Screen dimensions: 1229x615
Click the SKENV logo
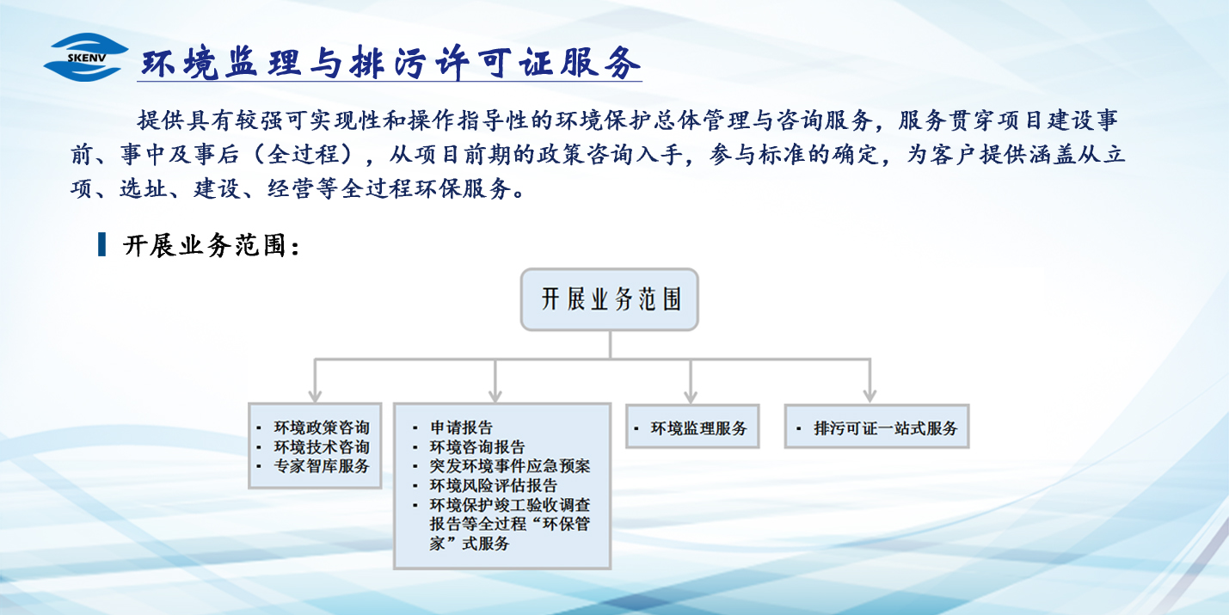(x=86, y=57)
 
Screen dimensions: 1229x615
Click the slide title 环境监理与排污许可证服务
(x=390, y=63)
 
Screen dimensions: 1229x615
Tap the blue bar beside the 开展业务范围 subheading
(x=101, y=244)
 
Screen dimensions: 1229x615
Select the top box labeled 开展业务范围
(x=610, y=299)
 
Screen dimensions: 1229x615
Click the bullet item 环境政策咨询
(x=322, y=427)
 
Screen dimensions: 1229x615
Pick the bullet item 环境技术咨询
(x=322, y=447)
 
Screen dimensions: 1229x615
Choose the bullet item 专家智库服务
(x=322, y=466)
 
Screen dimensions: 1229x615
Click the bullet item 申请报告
(x=462, y=427)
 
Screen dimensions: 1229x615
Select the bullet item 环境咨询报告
(x=477, y=447)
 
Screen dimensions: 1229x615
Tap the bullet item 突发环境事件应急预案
(x=510, y=466)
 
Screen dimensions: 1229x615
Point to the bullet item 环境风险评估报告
(x=494, y=485)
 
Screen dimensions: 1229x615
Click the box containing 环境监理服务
(x=692, y=427)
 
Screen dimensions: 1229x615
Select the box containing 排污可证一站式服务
(x=876, y=427)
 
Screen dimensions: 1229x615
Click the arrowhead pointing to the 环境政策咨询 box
(x=315, y=397)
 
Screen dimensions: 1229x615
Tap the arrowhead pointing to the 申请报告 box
(x=495, y=397)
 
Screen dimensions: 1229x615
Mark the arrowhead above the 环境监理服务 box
(x=691, y=397)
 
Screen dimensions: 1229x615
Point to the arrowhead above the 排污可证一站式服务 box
(x=870, y=397)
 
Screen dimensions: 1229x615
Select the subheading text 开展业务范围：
(x=212, y=245)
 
